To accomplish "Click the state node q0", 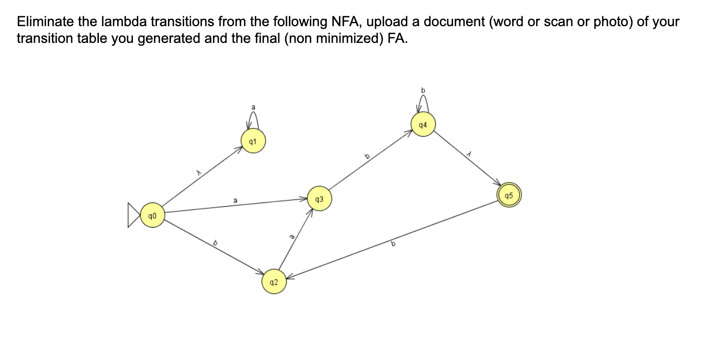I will point(152,215).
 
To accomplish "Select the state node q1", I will point(253,142).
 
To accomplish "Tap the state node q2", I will point(274,282).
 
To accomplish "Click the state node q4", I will point(423,125).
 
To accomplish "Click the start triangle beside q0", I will point(134,215).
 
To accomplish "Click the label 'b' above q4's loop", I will point(424,90).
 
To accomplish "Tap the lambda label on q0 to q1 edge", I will point(198,171).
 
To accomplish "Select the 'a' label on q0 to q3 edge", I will point(235,200).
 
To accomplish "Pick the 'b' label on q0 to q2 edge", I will point(214,242).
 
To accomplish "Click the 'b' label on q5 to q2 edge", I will point(393,244).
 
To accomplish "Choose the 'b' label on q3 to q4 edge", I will point(367,156).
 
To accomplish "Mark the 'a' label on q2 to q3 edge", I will point(292,238).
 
